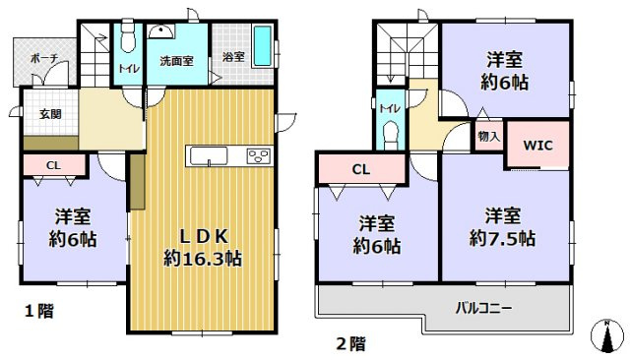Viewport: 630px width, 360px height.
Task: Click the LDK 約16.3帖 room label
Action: coord(203,248)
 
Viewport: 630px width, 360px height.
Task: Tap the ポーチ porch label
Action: coord(43,59)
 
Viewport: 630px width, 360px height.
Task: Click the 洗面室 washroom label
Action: coord(177,61)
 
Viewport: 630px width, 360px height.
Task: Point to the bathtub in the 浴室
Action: coord(263,44)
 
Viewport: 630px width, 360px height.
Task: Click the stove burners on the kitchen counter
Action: coord(259,155)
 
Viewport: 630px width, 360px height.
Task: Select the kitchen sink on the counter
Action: coord(208,156)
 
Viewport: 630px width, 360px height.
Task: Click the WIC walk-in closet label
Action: coord(537,146)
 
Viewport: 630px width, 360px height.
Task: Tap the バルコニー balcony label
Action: coord(482,307)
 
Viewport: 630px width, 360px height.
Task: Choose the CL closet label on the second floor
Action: coord(361,169)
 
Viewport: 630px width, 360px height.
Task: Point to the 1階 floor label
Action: coord(39,312)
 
